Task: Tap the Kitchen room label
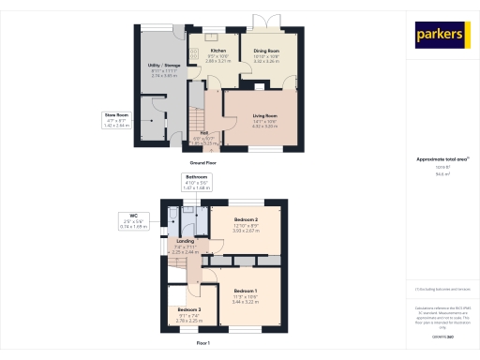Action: (x=217, y=50)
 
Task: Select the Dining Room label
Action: (x=267, y=50)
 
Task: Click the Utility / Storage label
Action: (x=165, y=65)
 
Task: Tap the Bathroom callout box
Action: (x=196, y=180)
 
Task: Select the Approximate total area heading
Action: (x=441, y=160)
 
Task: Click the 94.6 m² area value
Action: (x=441, y=173)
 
